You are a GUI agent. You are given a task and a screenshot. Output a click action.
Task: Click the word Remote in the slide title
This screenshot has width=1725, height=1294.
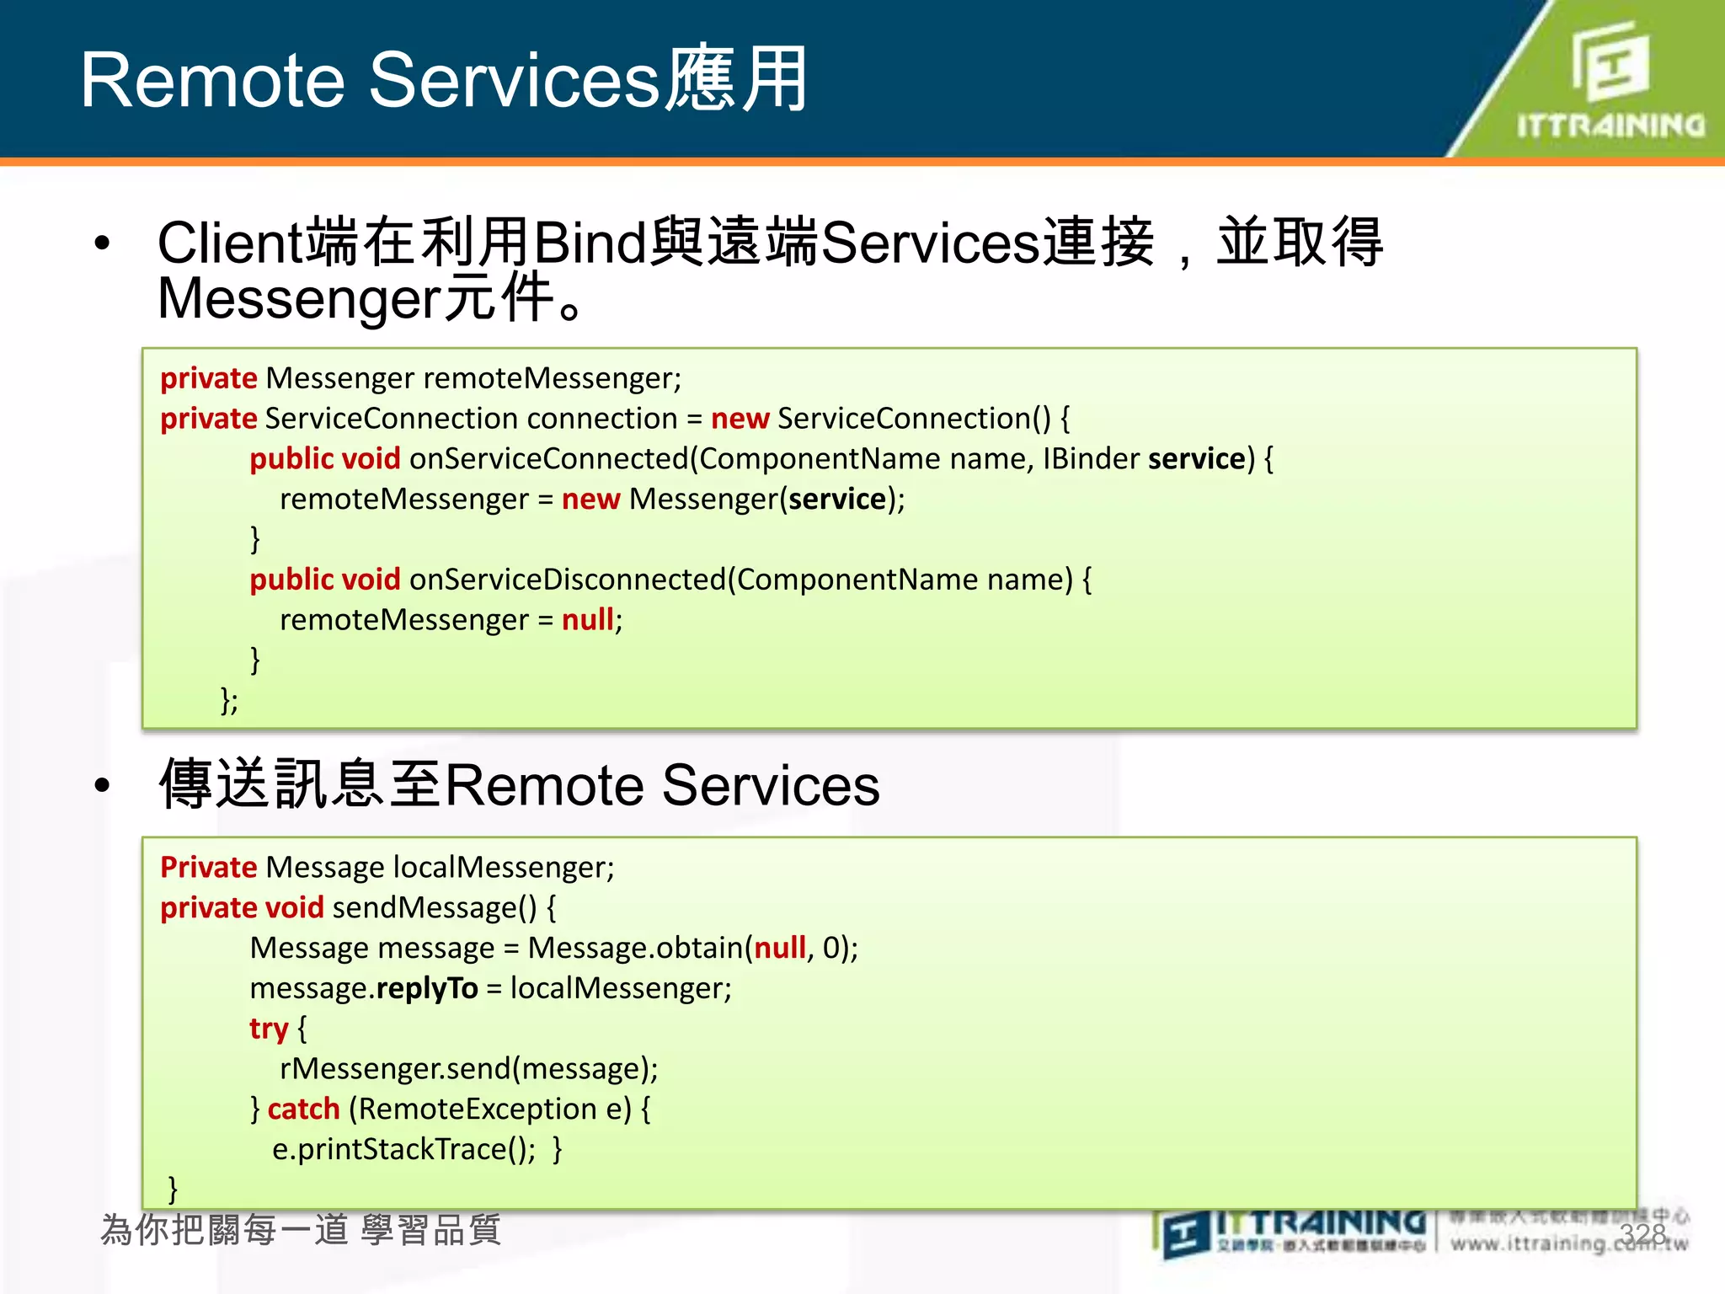[x=212, y=81]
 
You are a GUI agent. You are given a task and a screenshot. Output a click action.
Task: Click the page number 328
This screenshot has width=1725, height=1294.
[x=1642, y=1234]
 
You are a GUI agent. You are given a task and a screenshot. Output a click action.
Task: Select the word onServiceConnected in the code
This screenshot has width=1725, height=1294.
[x=548, y=459]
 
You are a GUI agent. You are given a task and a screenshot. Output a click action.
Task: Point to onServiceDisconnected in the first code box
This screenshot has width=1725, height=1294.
[x=567, y=580]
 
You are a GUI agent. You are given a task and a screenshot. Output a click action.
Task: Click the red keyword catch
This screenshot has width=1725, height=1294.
[x=303, y=1110]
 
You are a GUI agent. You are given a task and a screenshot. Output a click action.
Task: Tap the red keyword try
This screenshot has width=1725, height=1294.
[x=269, y=1029]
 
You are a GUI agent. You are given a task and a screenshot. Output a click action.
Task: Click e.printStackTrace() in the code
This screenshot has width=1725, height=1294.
[x=403, y=1150]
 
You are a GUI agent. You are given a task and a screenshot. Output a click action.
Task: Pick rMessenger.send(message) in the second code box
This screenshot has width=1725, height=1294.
[x=468, y=1069]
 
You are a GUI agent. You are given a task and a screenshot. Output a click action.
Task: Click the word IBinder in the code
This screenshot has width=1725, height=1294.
[x=1091, y=459]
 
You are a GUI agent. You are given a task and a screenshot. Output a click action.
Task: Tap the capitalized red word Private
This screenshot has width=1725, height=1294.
[x=208, y=868]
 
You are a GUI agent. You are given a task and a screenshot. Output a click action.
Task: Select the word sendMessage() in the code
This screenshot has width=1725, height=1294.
[x=435, y=908]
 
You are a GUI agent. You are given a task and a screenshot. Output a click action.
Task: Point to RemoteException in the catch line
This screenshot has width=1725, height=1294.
[x=478, y=1110]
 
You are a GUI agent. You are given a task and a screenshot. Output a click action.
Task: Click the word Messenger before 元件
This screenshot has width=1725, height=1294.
[x=299, y=298]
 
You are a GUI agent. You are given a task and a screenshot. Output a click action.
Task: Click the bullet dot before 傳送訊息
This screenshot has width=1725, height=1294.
[x=103, y=785]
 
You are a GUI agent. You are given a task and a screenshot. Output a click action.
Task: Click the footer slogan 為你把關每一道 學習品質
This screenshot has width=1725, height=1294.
[x=301, y=1230]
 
